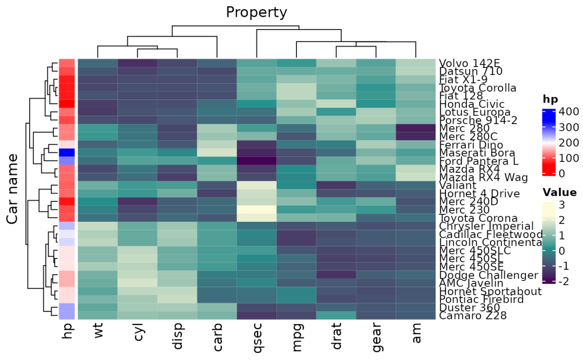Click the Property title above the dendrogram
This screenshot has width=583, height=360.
pos(256,12)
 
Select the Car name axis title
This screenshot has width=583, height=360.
pos(13,188)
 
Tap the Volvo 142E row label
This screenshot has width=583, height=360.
pos(469,63)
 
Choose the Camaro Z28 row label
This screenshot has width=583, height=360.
pos(472,316)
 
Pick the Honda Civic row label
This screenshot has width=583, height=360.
pos(471,104)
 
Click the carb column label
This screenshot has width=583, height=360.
pos(218,338)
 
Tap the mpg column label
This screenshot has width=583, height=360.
pos(297,339)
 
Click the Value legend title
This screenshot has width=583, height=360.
pos(559,193)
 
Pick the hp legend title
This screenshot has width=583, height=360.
pos(550,99)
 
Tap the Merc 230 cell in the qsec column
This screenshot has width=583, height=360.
pos(257,209)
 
